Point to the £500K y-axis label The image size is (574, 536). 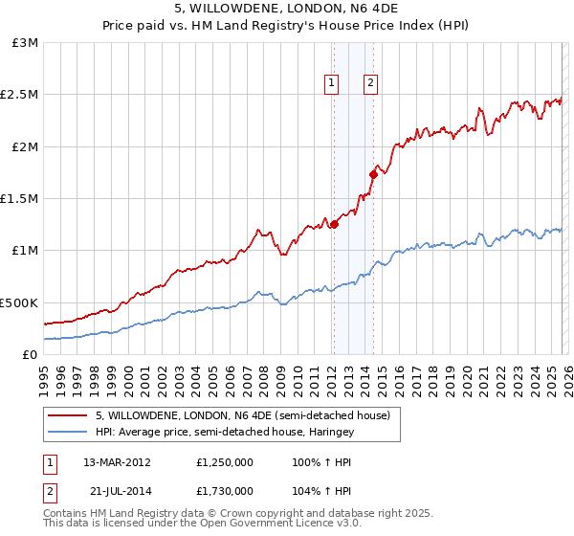[19, 302]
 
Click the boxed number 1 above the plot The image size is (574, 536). [332, 83]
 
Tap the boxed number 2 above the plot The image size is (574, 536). [369, 83]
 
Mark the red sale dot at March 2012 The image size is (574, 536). [334, 224]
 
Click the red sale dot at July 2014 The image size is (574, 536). [373, 174]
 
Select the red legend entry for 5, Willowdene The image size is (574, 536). [242, 416]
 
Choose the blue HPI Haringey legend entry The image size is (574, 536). [225, 433]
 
